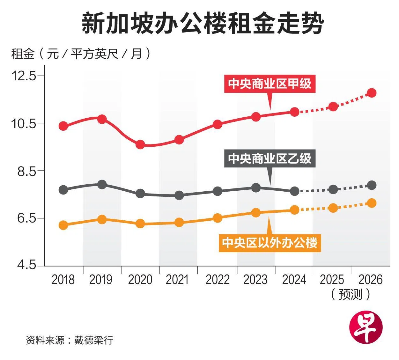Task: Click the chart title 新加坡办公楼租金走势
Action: click(203, 24)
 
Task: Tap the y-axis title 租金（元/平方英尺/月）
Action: click(80, 54)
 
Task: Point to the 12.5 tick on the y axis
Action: click(24, 76)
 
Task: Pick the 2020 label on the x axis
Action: click(140, 280)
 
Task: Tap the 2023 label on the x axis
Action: click(255, 280)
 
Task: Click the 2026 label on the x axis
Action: click(370, 280)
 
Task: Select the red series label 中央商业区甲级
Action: click(270, 84)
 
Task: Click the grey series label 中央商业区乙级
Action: click(270, 158)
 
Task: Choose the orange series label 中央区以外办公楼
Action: click(270, 243)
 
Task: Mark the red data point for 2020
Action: click(140, 145)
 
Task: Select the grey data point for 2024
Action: click(295, 191)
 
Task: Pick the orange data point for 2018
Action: click(63, 225)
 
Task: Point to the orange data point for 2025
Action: click(333, 208)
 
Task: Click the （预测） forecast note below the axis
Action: click(351, 294)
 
